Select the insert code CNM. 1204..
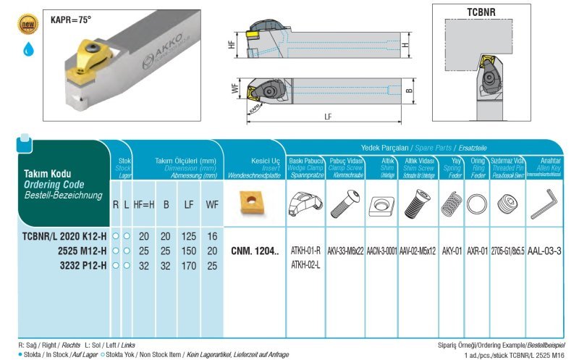click(x=253, y=251)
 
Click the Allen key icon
click(x=544, y=204)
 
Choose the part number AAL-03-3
click(x=545, y=251)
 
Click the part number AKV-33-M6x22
click(x=345, y=251)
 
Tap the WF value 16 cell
click(x=212, y=236)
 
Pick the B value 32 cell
click(x=166, y=266)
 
